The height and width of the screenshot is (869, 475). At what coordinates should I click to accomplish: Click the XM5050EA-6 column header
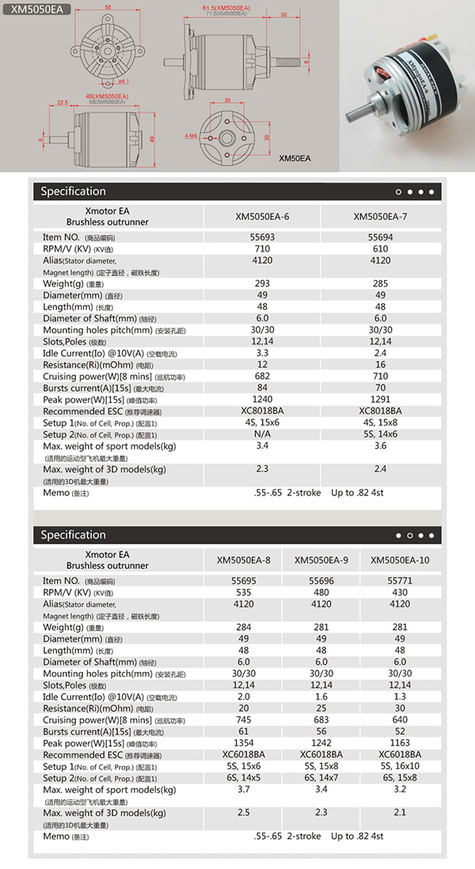pyautogui.click(x=262, y=216)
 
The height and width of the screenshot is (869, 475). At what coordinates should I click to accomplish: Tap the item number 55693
pyautogui.click(x=262, y=237)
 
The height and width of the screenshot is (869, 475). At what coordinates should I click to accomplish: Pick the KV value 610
pyautogui.click(x=380, y=248)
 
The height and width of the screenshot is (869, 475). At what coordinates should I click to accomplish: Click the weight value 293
pyautogui.click(x=262, y=283)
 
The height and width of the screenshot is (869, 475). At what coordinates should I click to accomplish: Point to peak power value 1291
pyautogui.click(x=380, y=400)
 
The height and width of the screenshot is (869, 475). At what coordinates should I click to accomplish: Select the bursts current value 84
pyautogui.click(x=262, y=388)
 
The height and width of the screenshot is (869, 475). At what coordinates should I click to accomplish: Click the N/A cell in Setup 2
pyautogui.click(x=262, y=434)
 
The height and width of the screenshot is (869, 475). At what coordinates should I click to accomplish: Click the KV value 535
pyautogui.click(x=244, y=591)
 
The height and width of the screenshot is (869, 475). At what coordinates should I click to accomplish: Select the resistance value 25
pyautogui.click(x=321, y=708)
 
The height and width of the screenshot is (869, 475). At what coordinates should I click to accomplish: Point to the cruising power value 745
pyautogui.click(x=244, y=720)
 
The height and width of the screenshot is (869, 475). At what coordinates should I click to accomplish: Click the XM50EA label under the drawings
pyautogui.click(x=294, y=158)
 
